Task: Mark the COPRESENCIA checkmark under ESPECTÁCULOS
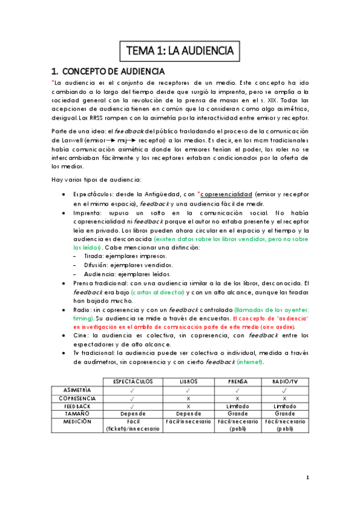click(x=131, y=398)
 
